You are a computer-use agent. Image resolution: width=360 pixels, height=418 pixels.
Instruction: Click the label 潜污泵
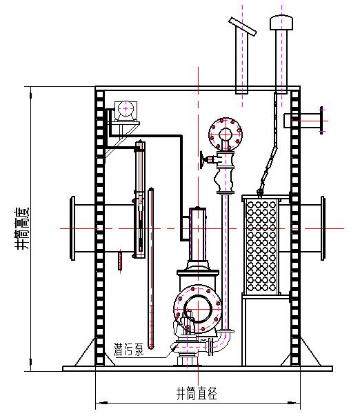(129, 350)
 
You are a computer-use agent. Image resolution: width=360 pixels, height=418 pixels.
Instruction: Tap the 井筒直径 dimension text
(197, 393)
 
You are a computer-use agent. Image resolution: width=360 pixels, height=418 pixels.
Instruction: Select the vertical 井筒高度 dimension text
(21, 228)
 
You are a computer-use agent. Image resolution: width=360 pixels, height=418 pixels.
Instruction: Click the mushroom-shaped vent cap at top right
(281, 23)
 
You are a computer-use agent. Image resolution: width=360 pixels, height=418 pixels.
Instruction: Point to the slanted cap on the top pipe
(243, 26)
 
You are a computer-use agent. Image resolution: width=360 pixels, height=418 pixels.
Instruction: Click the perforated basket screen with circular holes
(261, 246)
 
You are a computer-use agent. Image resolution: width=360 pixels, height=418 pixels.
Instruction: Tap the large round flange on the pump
(197, 309)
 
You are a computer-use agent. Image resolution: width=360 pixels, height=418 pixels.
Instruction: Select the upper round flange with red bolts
(226, 134)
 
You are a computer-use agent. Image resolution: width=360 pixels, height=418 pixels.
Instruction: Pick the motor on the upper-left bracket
(126, 111)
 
